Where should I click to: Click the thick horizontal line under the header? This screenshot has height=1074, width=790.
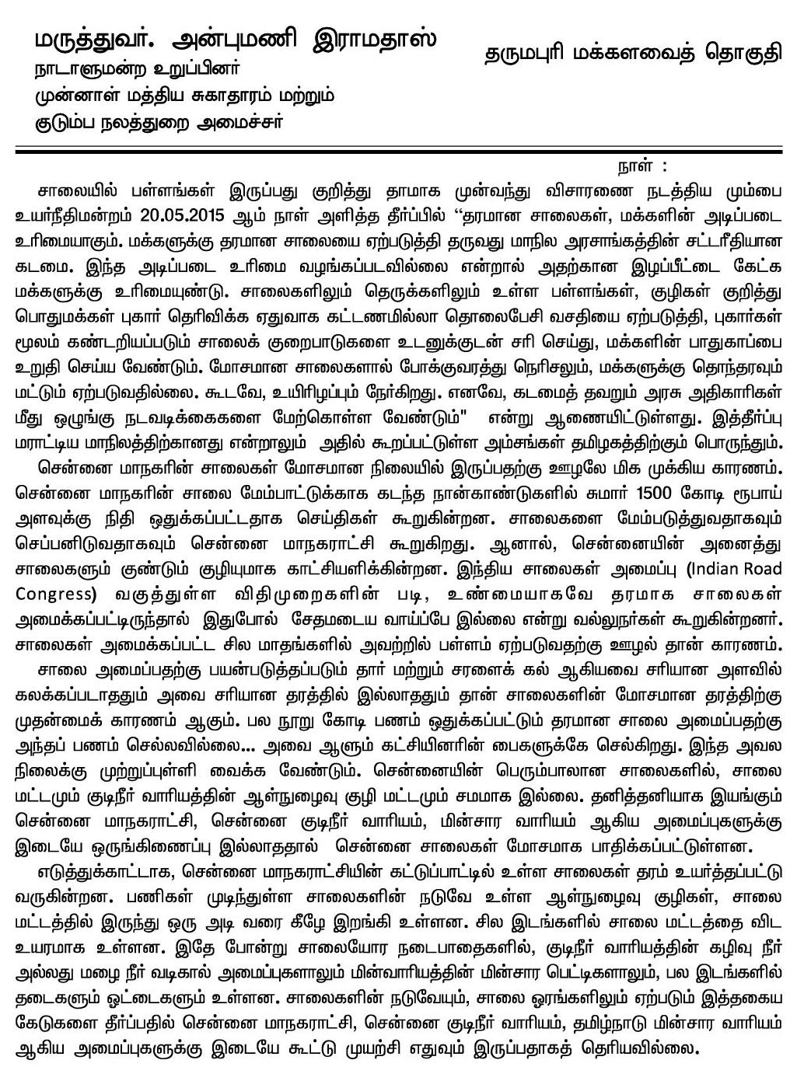[395, 150]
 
